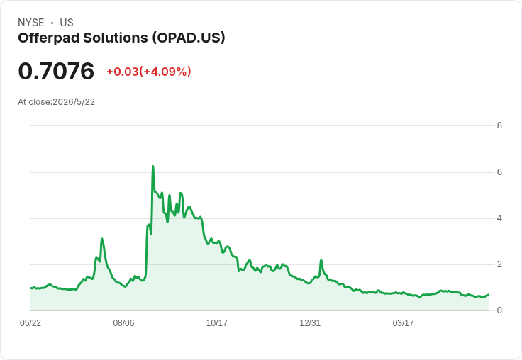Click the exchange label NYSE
point(31,23)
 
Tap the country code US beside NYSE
point(67,23)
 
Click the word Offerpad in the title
point(49,38)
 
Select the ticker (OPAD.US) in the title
point(189,38)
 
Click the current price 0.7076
point(56,71)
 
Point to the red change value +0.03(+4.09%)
point(148,72)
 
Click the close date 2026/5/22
point(74,102)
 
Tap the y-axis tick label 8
point(499,125)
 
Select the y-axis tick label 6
point(499,172)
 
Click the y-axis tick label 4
point(499,218)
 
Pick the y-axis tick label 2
point(499,264)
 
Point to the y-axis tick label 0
point(499,310)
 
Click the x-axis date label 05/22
point(30,323)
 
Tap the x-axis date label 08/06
point(123,323)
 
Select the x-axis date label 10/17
point(217,323)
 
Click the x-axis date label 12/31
point(310,323)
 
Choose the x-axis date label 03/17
point(403,323)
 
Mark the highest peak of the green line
point(152,166)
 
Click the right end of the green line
point(489,295)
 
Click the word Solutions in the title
point(116,38)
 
